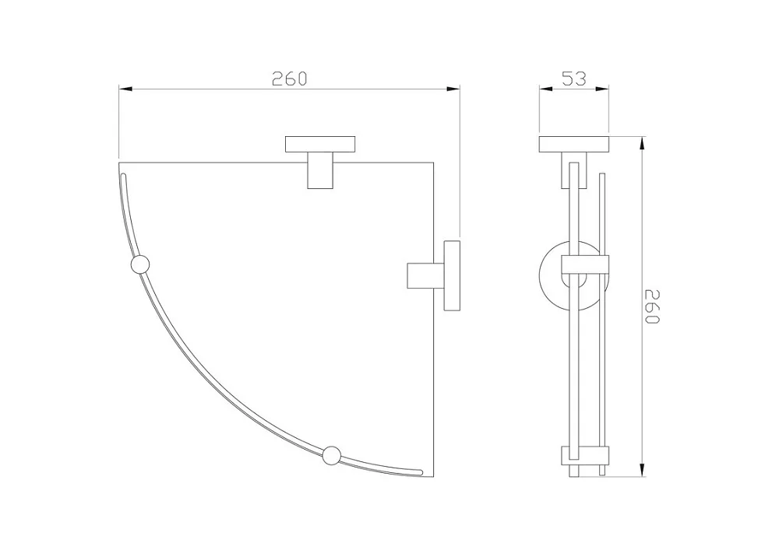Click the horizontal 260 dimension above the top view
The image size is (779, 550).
pyautogui.click(x=289, y=79)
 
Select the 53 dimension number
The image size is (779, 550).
pyautogui.click(x=574, y=79)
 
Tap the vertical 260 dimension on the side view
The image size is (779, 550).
pyautogui.click(x=651, y=306)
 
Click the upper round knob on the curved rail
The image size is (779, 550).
pyautogui.click(x=139, y=264)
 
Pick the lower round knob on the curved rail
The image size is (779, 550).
pyautogui.click(x=331, y=455)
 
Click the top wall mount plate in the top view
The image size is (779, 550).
pyautogui.click(x=320, y=144)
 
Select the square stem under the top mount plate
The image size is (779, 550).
pyautogui.click(x=320, y=170)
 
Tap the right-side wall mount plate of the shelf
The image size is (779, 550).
pyautogui.click(x=452, y=275)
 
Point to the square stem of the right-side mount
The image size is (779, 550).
pyautogui.click(x=426, y=275)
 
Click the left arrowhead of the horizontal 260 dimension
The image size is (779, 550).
pyautogui.click(x=125, y=89)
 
